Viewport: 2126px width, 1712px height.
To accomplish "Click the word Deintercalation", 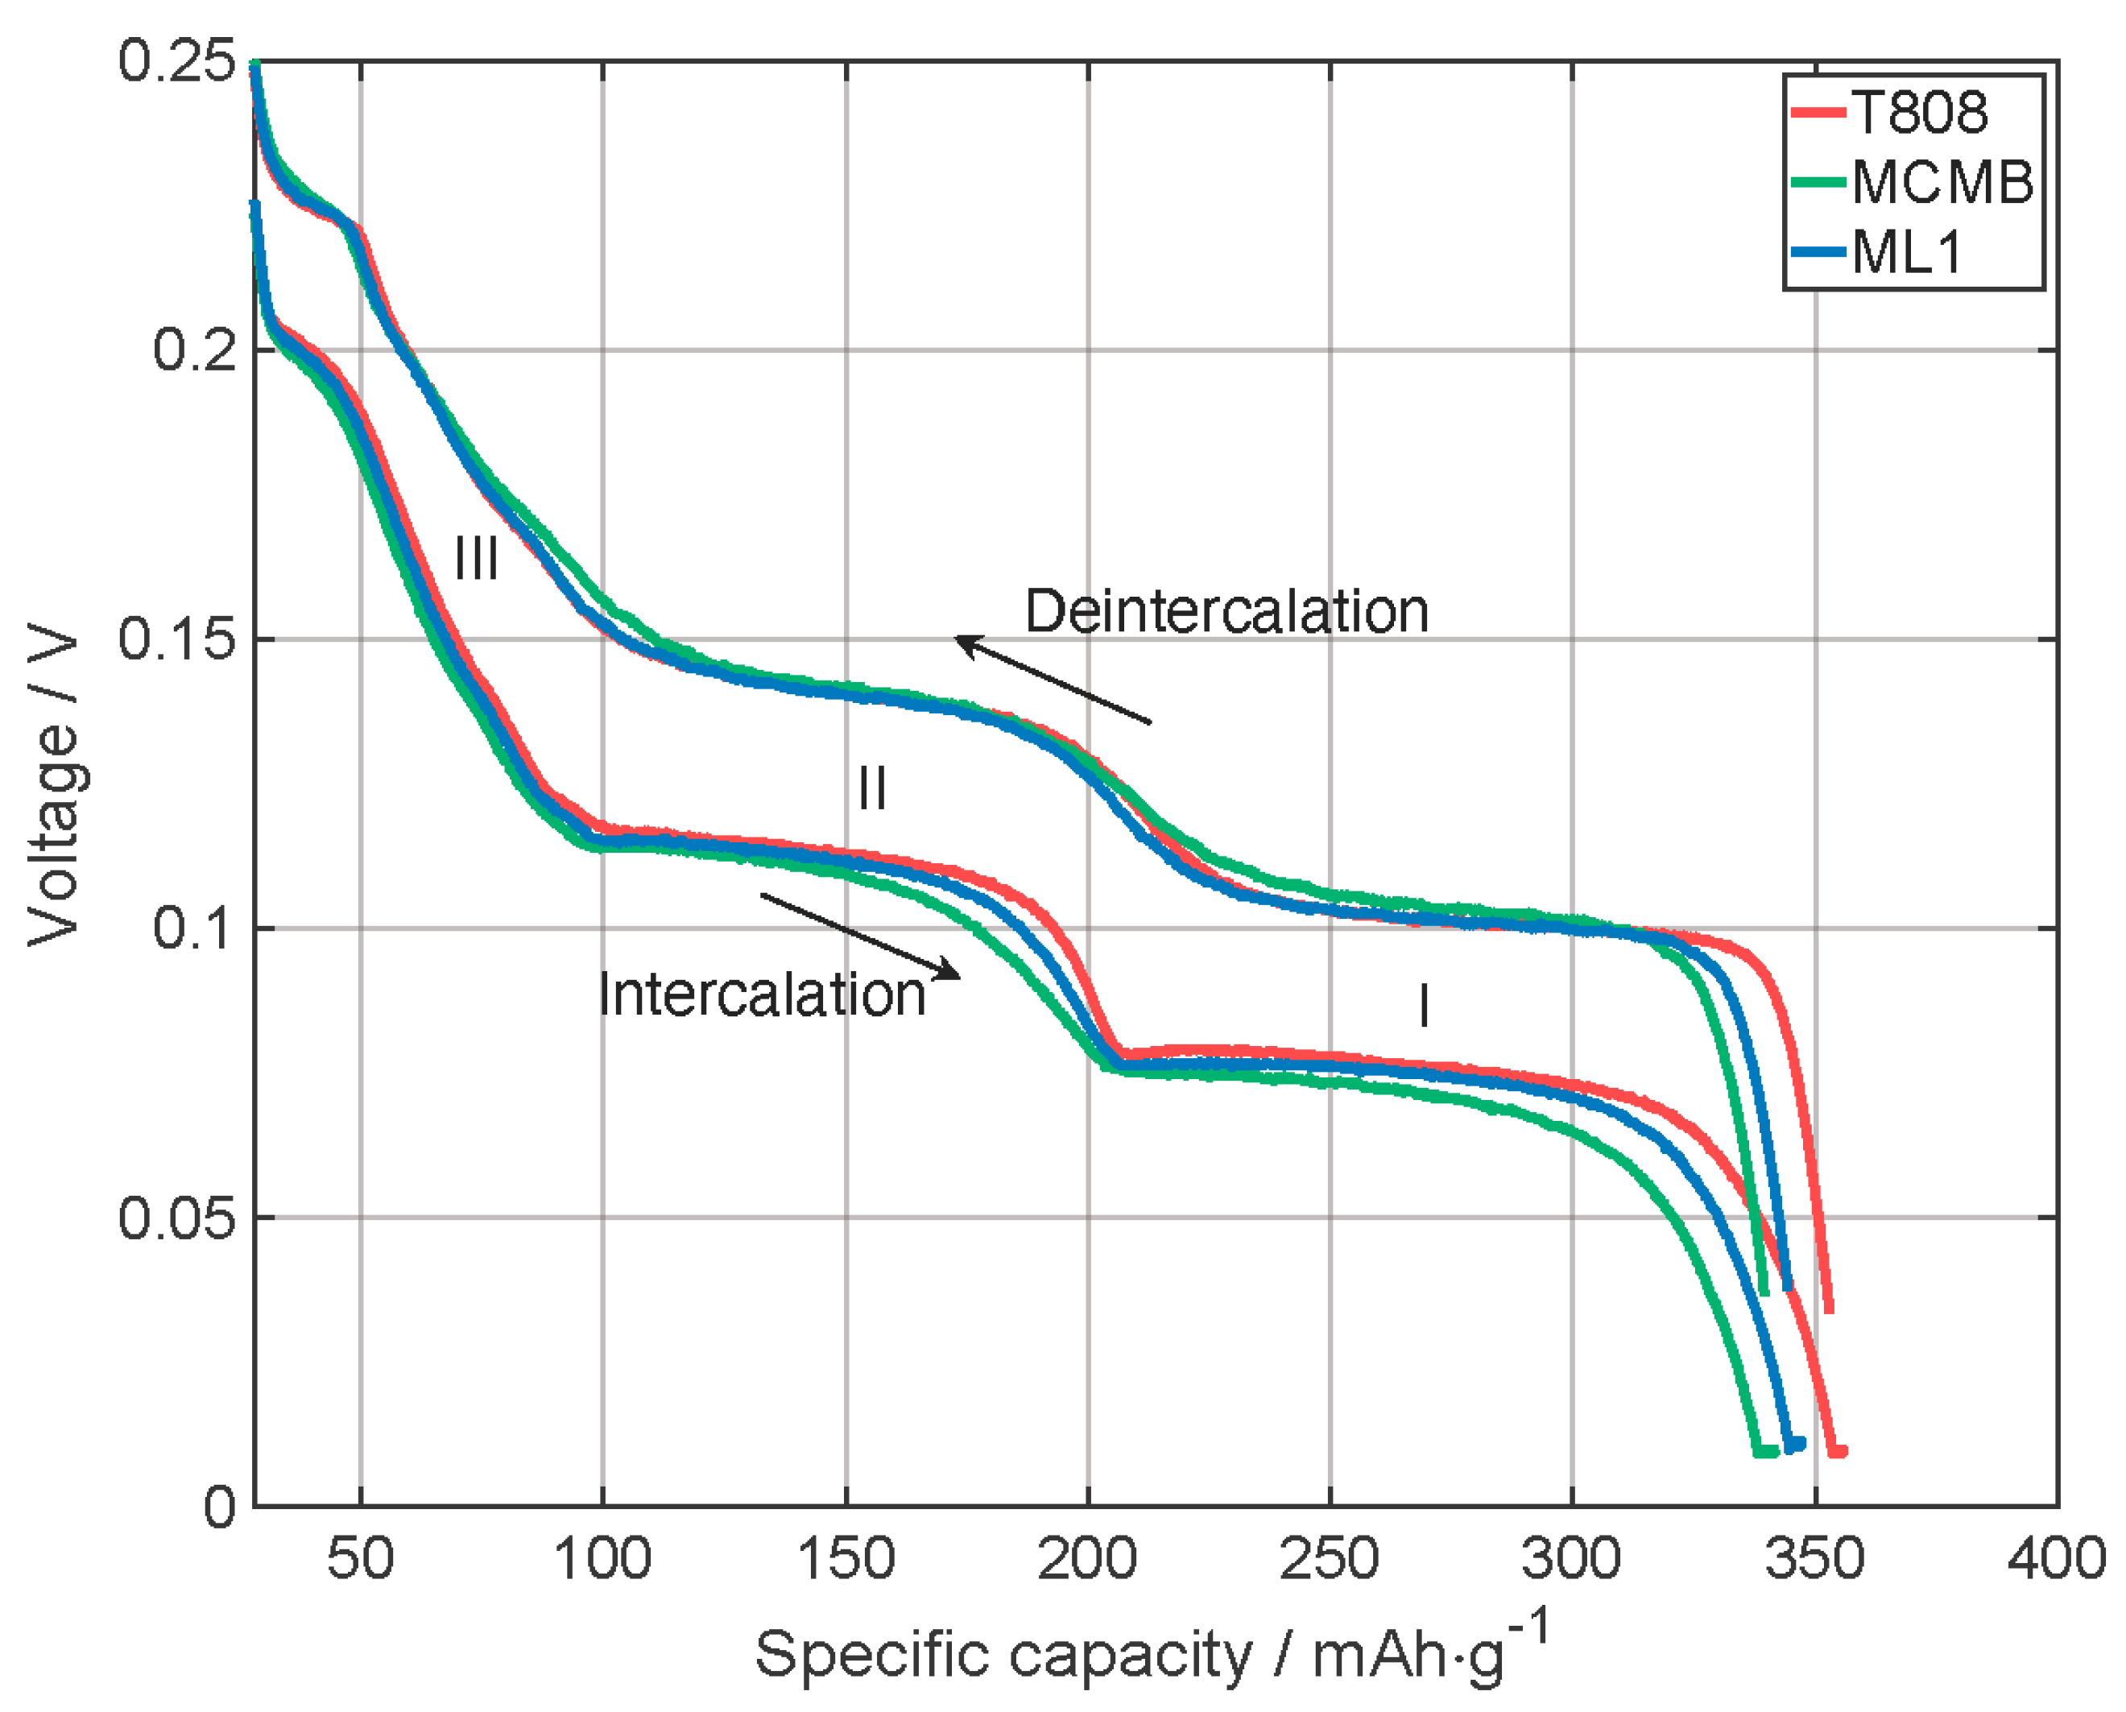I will [x=1226, y=611].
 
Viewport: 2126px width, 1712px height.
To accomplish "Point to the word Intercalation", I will [x=763, y=994].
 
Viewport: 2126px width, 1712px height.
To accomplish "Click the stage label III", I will [x=476, y=559].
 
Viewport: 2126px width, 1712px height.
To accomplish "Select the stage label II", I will [x=871, y=788].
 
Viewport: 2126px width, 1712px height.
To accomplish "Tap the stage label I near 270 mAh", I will [x=1423, y=1006].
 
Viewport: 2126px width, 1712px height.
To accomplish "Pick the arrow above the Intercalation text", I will [x=860, y=937].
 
